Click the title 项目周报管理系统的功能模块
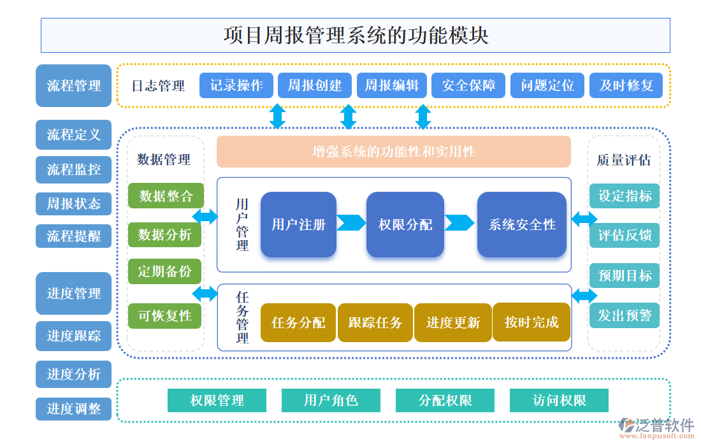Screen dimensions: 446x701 click(x=355, y=35)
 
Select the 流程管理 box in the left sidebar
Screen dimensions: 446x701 click(x=74, y=85)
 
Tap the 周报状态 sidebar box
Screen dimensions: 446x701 click(x=74, y=204)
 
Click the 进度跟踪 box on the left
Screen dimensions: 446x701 click(x=74, y=336)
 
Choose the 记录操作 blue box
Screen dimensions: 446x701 click(x=236, y=85)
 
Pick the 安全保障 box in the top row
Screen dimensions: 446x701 click(x=468, y=85)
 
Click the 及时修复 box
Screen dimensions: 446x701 click(x=626, y=85)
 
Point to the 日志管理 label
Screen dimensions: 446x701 click(x=158, y=86)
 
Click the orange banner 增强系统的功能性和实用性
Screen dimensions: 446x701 click(x=393, y=152)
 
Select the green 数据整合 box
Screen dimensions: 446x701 click(x=165, y=196)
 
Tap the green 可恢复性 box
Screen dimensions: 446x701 click(x=165, y=315)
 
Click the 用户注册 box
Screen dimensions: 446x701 click(x=298, y=224)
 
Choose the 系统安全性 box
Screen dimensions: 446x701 click(x=521, y=224)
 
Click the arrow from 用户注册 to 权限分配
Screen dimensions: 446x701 click(x=351, y=223)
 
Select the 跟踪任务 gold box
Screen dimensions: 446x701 click(x=375, y=322)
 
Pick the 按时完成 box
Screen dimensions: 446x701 click(x=531, y=322)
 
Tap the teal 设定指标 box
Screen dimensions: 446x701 click(x=625, y=196)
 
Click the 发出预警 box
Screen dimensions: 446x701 click(x=625, y=315)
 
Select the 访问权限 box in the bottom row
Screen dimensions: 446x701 click(x=559, y=401)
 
